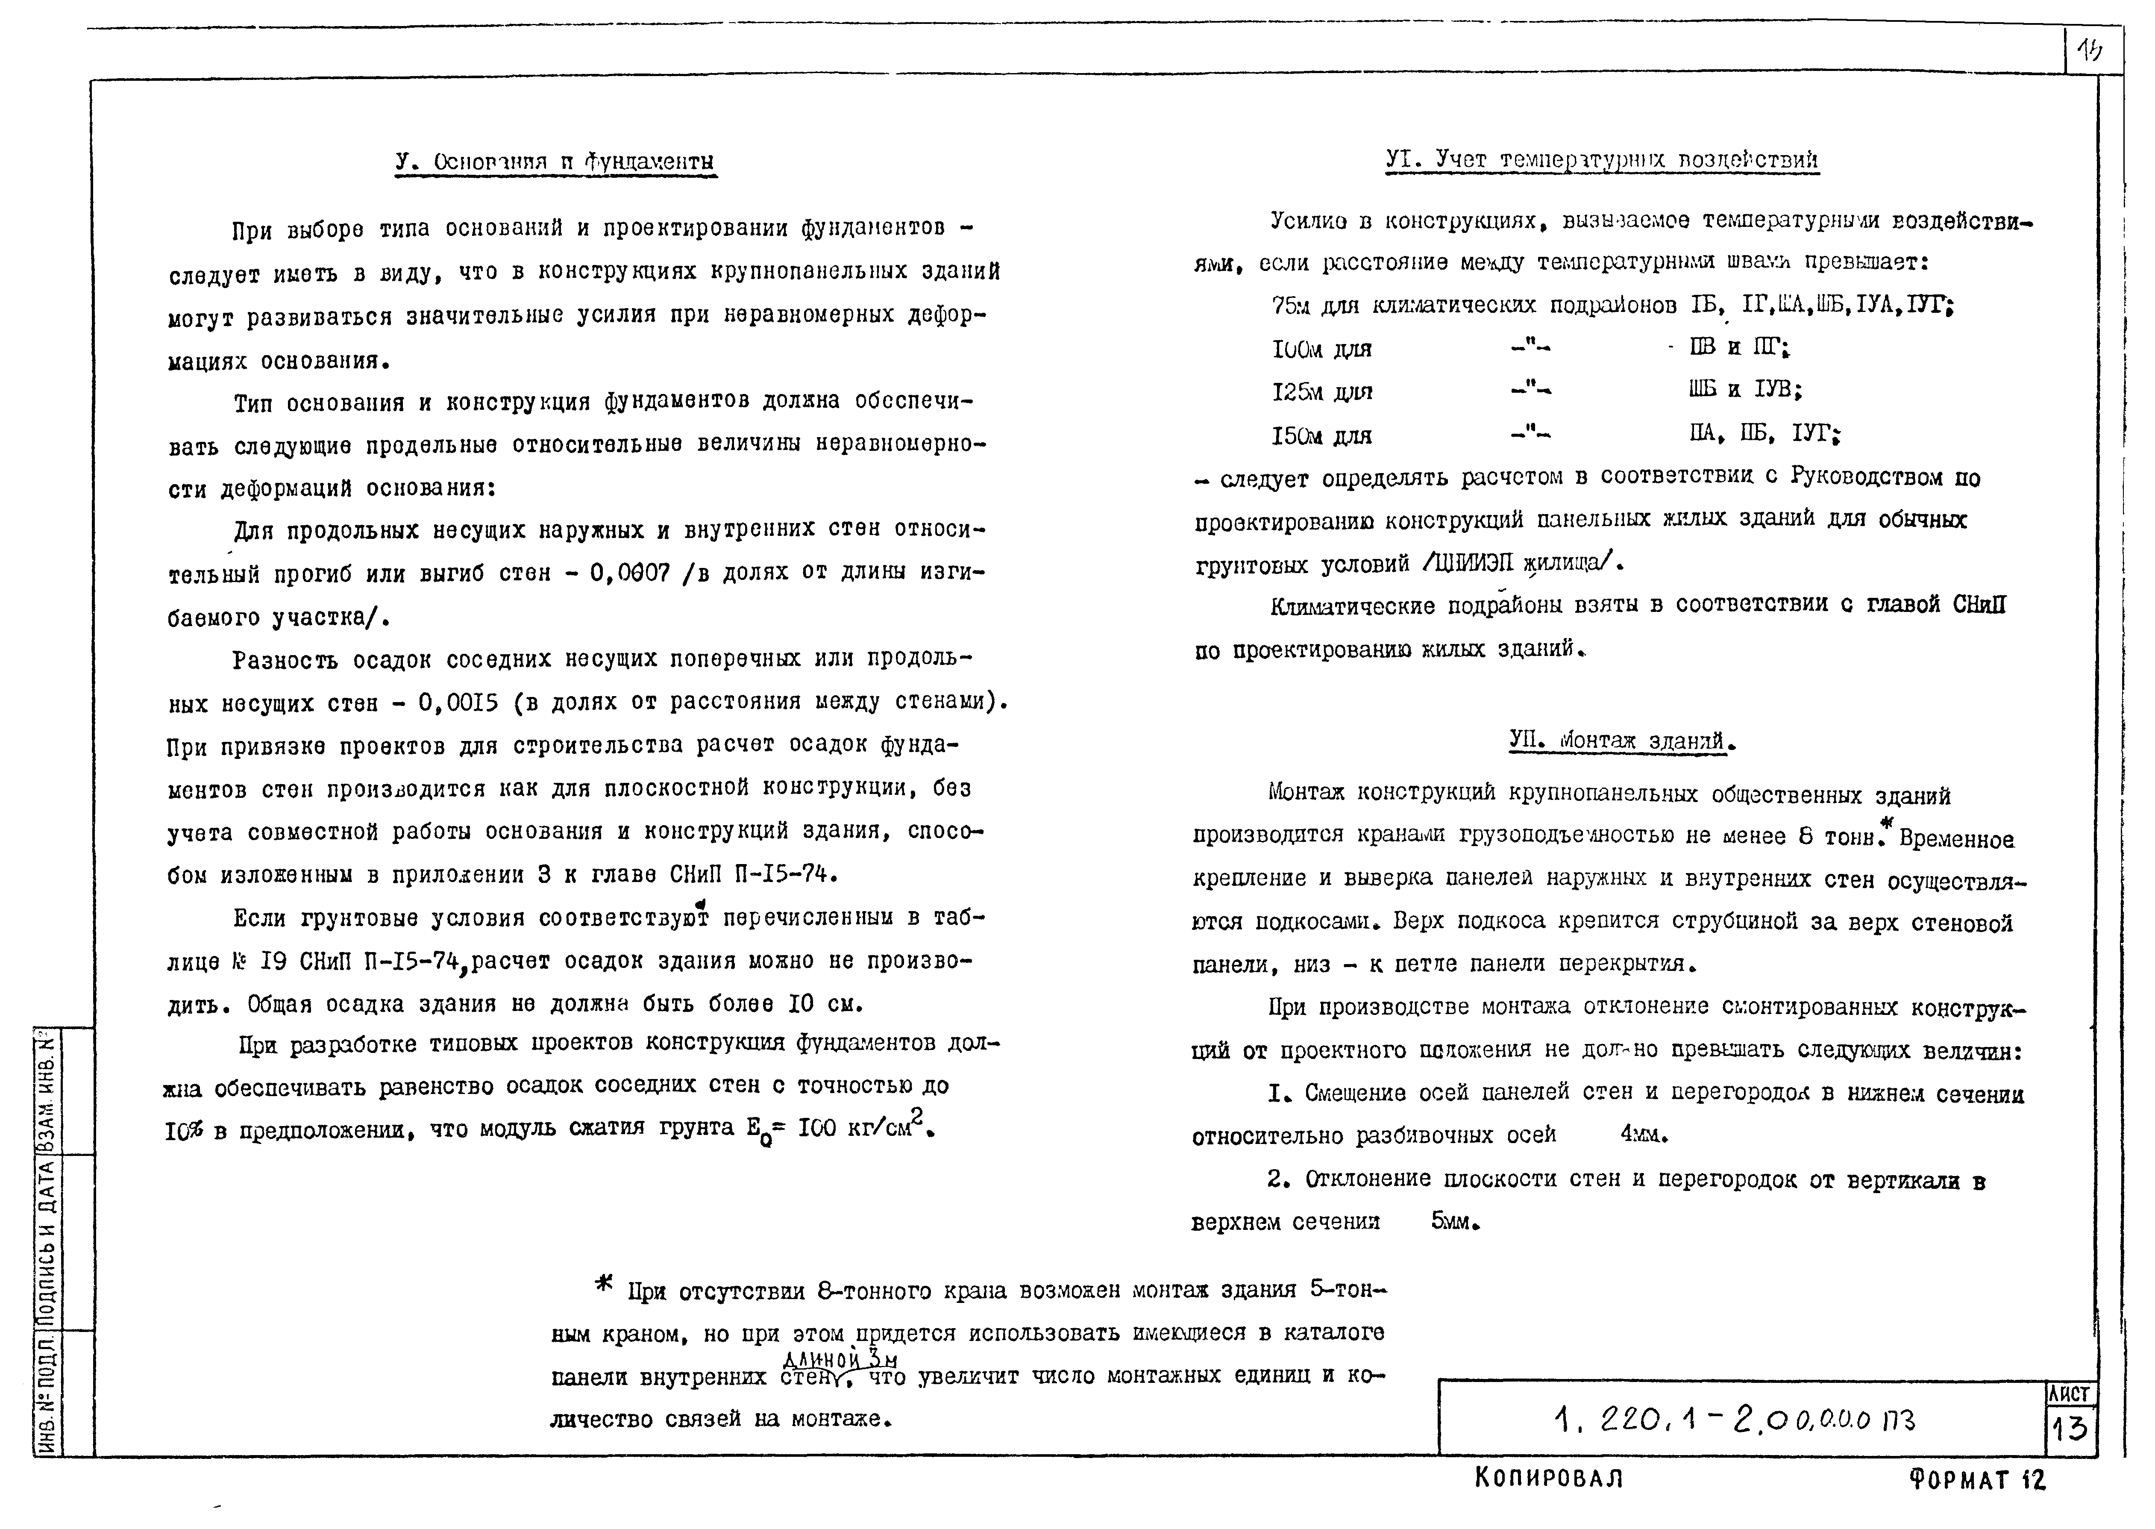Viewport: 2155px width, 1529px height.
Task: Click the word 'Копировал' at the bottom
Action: coord(1548,1478)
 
